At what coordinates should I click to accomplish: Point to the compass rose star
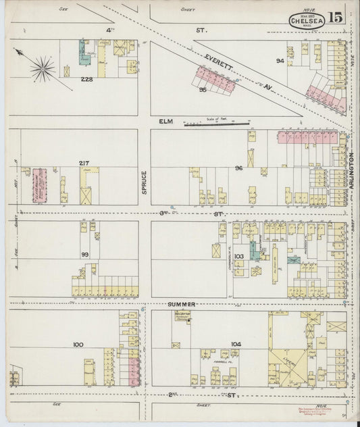pyautogui.click(x=43, y=68)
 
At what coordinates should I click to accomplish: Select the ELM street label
pyautogui.click(x=166, y=121)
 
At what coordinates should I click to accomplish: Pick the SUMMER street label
pyautogui.click(x=182, y=304)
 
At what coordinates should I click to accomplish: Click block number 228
pyautogui.click(x=86, y=79)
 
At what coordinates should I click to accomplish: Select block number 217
pyautogui.click(x=84, y=163)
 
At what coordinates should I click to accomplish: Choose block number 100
pyautogui.click(x=78, y=344)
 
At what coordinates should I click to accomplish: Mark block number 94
pyautogui.click(x=280, y=61)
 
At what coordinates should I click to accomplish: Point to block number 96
pyautogui.click(x=238, y=168)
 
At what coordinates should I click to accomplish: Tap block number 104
pyautogui.click(x=235, y=344)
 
